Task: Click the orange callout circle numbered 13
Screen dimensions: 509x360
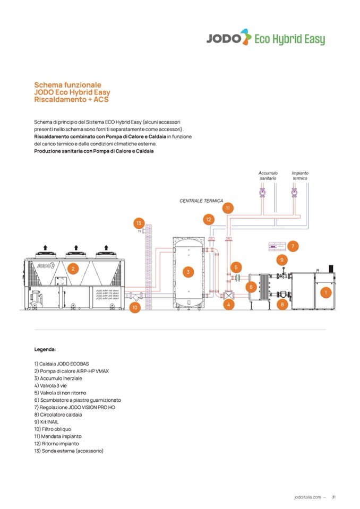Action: [139, 223]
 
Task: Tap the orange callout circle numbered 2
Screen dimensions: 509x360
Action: [73, 269]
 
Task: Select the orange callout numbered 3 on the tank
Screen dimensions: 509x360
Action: [187, 272]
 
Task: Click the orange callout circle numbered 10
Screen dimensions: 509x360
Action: [135, 307]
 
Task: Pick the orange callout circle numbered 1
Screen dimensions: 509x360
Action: [325, 292]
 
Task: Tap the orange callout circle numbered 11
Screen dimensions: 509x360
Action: [228, 208]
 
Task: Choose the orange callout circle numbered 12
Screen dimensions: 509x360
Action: [208, 219]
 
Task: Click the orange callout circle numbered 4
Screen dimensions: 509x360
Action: [228, 305]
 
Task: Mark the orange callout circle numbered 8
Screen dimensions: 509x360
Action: [282, 304]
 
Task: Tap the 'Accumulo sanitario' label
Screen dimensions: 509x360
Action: [268, 176]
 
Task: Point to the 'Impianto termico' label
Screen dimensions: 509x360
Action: [300, 176]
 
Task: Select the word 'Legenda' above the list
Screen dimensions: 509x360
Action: [45, 350]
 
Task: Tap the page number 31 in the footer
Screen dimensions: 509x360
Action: [334, 497]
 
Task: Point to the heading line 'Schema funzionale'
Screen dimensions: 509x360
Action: [67, 84]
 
